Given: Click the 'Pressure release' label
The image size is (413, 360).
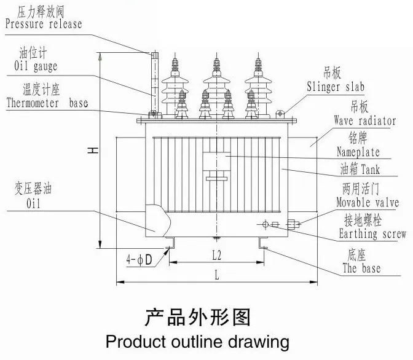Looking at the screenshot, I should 43,25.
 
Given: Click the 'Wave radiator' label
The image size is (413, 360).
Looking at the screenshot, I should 364,121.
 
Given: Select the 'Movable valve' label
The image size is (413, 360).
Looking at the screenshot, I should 367,202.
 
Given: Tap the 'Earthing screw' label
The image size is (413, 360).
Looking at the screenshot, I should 372,234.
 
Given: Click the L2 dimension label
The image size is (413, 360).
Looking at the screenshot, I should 218,253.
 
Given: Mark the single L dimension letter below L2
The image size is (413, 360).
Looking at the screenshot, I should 217,276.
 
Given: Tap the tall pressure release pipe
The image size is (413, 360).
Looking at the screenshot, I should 154,83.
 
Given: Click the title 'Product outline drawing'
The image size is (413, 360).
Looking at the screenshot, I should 197,341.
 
